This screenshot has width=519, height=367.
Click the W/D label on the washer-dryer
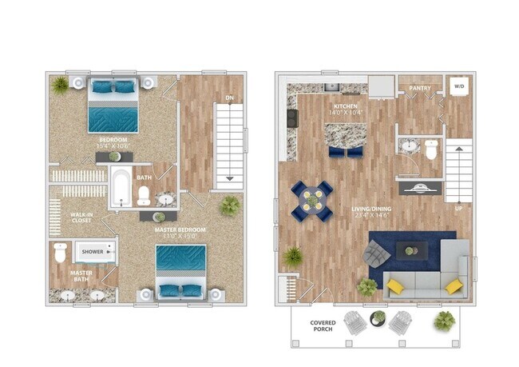click(x=458, y=86)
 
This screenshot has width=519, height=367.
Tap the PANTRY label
click(x=420, y=88)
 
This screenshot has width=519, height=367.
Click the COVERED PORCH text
click(x=323, y=328)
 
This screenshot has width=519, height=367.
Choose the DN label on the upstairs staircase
click(x=230, y=98)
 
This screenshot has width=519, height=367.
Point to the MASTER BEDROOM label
click(x=180, y=232)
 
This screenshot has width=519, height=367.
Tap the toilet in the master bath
click(x=61, y=253)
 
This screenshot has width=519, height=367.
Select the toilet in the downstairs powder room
click(x=431, y=150)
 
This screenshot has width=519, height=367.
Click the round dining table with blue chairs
click(x=311, y=200)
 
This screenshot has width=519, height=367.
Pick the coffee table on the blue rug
click(x=410, y=250)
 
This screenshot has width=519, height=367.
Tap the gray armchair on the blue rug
click(x=375, y=254)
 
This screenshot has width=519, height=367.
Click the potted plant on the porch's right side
click(x=444, y=321)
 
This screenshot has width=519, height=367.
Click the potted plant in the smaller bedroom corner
click(x=60, y=84)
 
